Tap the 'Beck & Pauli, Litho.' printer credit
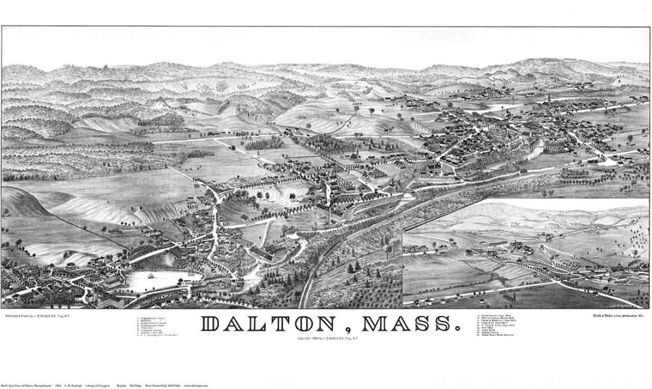pos(615,315)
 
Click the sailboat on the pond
pos(152,276)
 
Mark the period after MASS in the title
pos(456,330)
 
